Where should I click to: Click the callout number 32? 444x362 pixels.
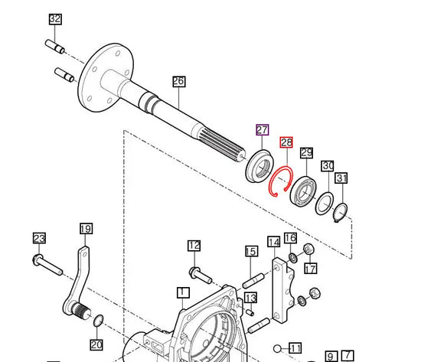[x=54, y=19]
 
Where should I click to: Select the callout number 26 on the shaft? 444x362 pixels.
[x=178, y=82]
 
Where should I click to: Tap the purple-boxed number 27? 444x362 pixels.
[x=262, y=129]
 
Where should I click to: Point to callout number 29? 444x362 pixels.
[x=306, y=153]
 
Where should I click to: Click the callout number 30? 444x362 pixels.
[x=327, y=166]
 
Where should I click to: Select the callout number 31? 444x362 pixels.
[x=341, y=178]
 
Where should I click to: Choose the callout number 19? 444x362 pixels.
[x=86, y=229]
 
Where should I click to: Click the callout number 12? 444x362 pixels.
[x=194, y=246]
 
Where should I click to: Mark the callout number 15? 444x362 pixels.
[x=250, y=251]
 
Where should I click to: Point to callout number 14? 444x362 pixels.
[x=273, y=243]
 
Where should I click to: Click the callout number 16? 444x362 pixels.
[x=290, y=238]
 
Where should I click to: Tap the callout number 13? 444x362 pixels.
[x=250, y=297]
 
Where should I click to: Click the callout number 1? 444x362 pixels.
[x=182, y=292]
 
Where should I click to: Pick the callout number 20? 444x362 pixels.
[x=96, y=344]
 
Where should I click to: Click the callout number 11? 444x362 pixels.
[x=295, y=347]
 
